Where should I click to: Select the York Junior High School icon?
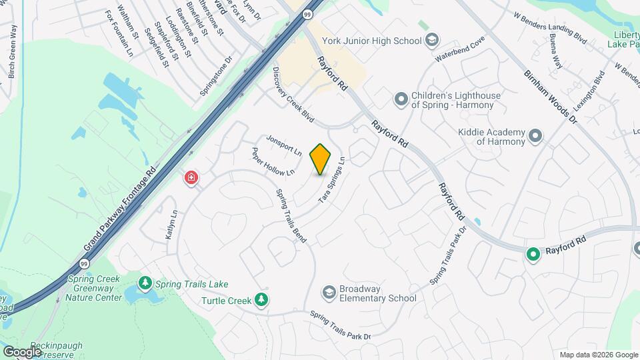[432, 40]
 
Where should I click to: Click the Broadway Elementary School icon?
[328, 292]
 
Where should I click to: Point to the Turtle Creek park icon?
[262, 300]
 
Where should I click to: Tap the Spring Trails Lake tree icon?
[145, 284]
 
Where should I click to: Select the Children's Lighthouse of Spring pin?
[401, 99]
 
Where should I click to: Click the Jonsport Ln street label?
[284, 145]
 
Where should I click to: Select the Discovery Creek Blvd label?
[293, 96]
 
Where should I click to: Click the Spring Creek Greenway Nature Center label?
[94, 287]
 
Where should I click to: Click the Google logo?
[22, 351]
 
